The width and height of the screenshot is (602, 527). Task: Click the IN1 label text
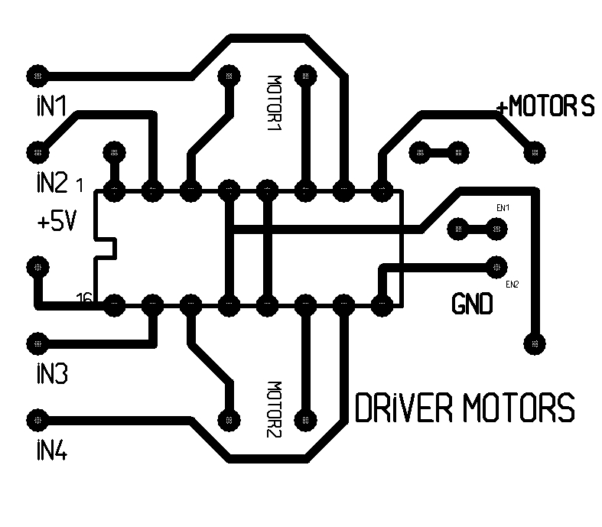50,106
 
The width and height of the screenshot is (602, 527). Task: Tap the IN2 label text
50,183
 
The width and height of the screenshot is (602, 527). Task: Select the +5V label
55,223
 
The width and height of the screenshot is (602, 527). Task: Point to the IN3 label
51,374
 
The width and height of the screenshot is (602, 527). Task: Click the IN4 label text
51,451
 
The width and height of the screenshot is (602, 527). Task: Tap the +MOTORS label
545,106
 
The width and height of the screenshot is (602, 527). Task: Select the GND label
472,305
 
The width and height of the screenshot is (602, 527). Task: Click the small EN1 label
503,208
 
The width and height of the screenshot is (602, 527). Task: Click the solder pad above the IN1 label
37,75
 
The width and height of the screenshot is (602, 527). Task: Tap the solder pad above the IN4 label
36,420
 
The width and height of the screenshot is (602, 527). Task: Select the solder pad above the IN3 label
36,343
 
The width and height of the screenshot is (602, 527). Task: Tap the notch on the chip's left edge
107,248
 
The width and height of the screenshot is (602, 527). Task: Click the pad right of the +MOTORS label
535,151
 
